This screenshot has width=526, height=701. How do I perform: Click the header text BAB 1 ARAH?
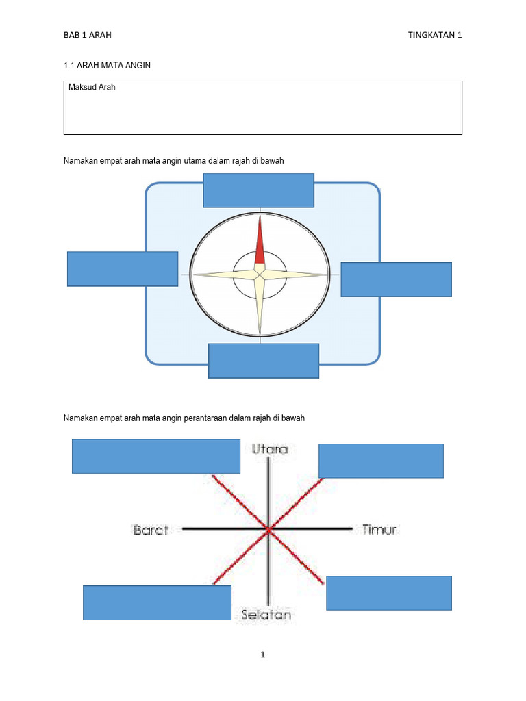tap(87, 35)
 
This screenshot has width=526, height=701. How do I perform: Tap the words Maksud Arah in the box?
tap(92, 88)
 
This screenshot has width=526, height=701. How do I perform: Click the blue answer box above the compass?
tap(259, 190)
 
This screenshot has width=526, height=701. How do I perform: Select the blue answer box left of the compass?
tap(123, 268)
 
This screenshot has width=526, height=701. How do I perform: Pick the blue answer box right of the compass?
tap(396, 279)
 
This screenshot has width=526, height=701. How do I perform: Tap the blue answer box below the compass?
tap(264, 361)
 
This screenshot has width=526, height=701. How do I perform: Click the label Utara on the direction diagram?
tap(270, 450)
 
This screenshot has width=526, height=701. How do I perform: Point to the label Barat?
tap(150, 530)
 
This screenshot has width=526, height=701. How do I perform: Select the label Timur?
tap(379, 530)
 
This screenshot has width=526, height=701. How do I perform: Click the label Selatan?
tap(266, 615)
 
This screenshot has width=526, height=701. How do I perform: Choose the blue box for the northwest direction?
tap(156, 457)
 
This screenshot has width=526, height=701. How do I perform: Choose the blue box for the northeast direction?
tap(381, 461)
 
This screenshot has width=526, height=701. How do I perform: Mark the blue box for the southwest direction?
tap(157, 602)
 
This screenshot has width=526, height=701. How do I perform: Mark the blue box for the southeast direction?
tap(388, 593)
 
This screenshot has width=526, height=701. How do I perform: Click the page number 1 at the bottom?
tap(262, 654)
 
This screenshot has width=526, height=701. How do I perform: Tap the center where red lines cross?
tap(267, 528)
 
